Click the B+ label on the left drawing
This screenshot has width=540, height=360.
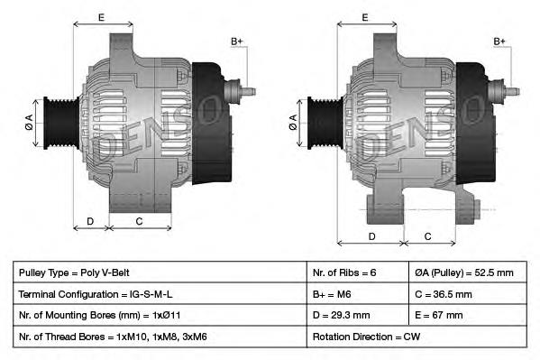237,42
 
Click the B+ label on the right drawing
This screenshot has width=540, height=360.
500,42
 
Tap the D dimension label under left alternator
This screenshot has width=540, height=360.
90,220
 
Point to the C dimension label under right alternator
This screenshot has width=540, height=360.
427,236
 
